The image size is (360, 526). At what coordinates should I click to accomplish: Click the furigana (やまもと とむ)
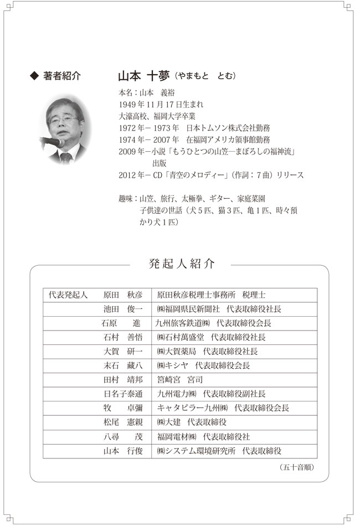(x=204, y=76)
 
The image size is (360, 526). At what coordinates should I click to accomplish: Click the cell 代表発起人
(x=69, y=295)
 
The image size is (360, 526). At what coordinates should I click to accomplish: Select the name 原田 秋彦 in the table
(x=123, y=295)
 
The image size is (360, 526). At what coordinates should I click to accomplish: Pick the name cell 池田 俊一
(x=123, y=309)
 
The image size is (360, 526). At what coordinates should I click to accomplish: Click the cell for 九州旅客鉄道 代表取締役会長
(x=213, y=323)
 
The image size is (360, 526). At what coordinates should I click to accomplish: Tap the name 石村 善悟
(x=123, y=337)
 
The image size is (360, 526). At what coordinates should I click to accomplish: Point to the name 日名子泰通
(x=123, y=394)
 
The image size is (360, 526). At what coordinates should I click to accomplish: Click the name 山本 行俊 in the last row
(x=123, y=451)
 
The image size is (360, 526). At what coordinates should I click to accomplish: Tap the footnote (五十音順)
(x=297, y=467)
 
